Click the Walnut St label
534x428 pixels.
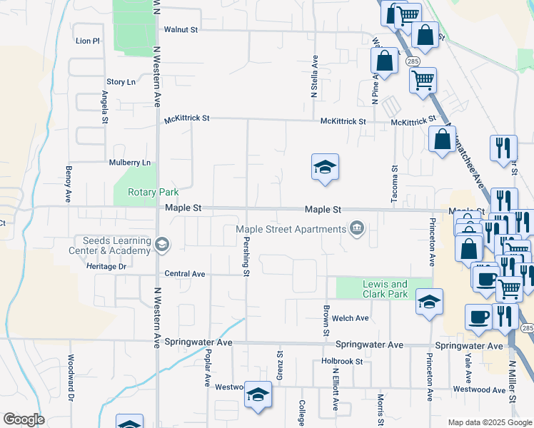click(180, 30)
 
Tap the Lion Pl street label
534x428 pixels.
click(87, 41)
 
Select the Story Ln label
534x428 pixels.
click(121, 82)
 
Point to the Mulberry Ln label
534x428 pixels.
click(130, 163)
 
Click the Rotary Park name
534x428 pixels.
click(153, 192)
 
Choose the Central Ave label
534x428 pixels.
click(184, 274)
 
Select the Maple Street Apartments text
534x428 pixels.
click(291, 229)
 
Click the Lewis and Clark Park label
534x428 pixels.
click(385, 289)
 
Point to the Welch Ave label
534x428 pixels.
click(351, 318)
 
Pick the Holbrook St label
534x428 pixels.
click(342, 362)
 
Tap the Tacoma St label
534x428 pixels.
click(394, 185)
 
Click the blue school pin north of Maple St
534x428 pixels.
click(325, 168)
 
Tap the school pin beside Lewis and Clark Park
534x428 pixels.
click(429, 302)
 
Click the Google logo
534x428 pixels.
click(24, 419)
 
